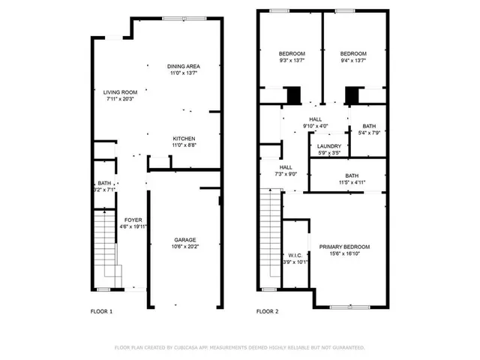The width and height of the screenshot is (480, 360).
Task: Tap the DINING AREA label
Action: click(x=184, y=67)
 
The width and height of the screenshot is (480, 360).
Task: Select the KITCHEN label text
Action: click(x=184, y=139)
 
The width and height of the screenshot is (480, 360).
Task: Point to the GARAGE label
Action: click(x=185, y=239)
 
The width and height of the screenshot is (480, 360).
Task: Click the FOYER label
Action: click(x=133, y=220)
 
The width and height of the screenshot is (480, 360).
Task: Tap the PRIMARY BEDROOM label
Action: click(x=344, y=247)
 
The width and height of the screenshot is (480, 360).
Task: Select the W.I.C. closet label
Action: click(x=294, y=254)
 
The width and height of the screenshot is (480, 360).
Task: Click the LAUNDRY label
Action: click(x=329, y=146)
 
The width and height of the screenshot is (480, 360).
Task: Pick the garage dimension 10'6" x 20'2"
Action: click(x=185, y=246)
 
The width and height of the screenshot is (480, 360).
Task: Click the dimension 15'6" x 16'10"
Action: click(x=344, y=253)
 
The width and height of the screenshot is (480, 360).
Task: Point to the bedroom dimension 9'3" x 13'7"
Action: click(x=292, y=61)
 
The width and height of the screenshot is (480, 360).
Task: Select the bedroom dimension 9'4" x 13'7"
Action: click(x=352, y=61)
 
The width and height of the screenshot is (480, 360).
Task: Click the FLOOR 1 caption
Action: click(x=101, y=310)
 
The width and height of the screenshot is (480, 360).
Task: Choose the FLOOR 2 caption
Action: click(x=268, y=310)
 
